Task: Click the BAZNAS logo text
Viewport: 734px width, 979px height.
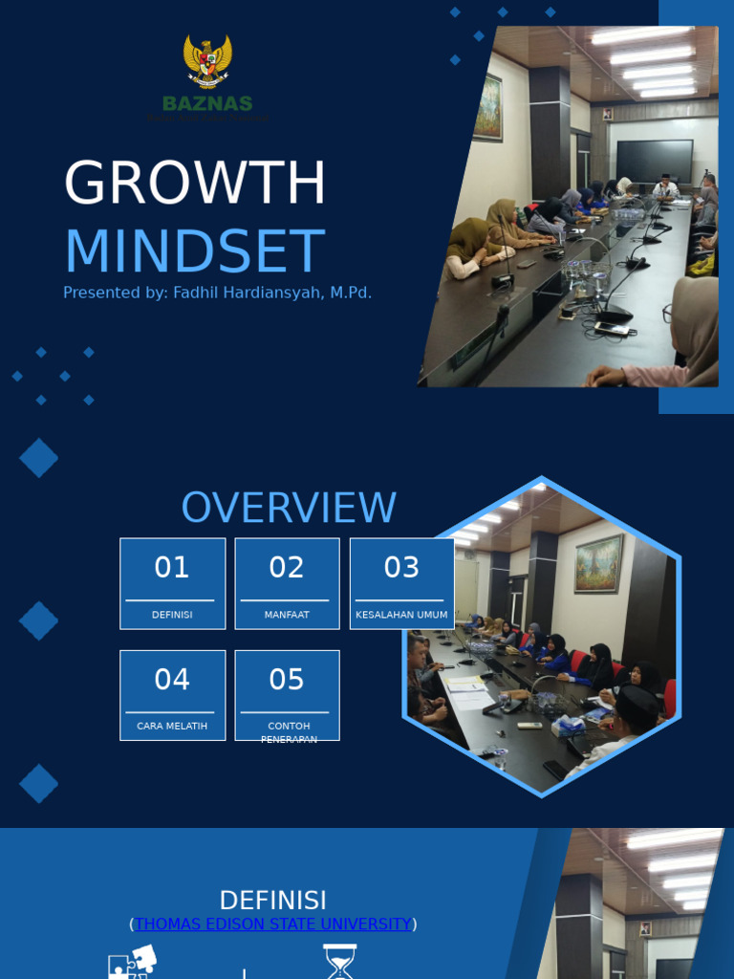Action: pyautogui.click(x=207, y=103)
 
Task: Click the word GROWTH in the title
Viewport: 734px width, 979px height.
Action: pyautogui.click(x=195, y=183)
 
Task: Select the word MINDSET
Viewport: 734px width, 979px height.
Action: pyautogui.click(x=194, y=251)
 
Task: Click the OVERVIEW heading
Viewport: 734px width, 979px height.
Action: pyautogui.click(x=289, y=508)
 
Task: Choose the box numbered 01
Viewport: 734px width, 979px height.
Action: pyautogui.click(x=172, y=582)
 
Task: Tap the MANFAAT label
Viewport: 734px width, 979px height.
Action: pyautogui.click(x=287, y=615)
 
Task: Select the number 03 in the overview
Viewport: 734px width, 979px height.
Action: pyautogui.click(x=401, y=568)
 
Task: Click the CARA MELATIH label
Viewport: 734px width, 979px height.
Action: pyautogui.click(x=172, y=726)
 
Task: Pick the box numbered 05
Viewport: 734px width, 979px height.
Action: pyautogui.click(x=287, y=695)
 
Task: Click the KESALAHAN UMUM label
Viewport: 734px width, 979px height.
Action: pyautogui.click(x=401, y=615)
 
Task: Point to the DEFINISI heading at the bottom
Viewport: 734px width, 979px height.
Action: pyautogui.click(x=272, y=901)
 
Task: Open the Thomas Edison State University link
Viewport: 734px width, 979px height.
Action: pyautogui.click(x=272, y=925)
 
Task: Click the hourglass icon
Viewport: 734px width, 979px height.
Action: pyautogui.click(x=339, y=962)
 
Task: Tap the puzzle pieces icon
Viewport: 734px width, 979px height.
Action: pyautogui.click(x=132, y=961)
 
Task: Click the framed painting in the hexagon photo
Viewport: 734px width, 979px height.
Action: pyautogui.click(x=598, y=562)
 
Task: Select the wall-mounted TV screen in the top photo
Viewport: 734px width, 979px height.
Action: pyautogui.click(x=655, y=161)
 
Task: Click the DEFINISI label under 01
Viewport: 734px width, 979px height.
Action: pyautogui.click(x=172, y=615)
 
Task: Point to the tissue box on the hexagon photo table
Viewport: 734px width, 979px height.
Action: pyautogui.click(x=568, y=726)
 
